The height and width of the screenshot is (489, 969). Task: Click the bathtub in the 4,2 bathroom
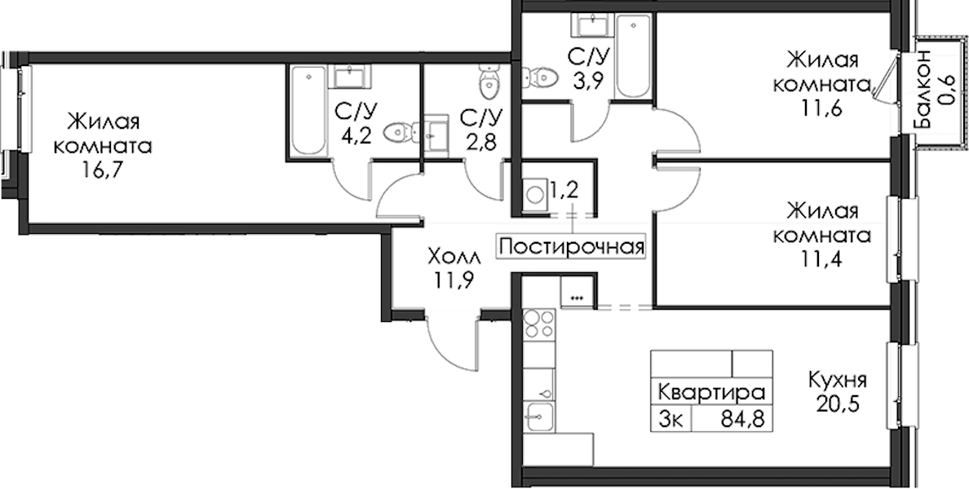coord(308,111)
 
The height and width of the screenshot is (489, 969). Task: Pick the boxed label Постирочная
coord(572,247)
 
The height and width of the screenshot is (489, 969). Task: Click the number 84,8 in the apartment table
coord(742,419)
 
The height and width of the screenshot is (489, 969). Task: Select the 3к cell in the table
coord(671,419)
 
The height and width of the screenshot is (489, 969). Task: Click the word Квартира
coord(711,392)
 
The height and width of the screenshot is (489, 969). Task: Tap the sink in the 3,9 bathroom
coord(595,25)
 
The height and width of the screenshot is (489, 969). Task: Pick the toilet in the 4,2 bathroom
coord(400,132)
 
